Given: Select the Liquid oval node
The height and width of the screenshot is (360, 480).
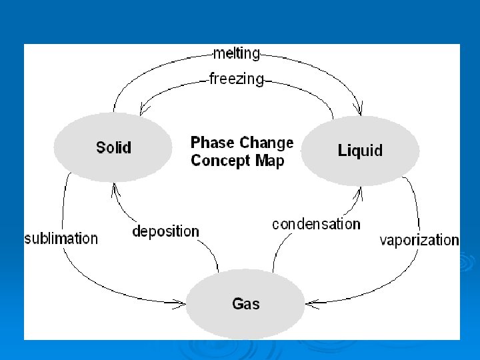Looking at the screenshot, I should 361,151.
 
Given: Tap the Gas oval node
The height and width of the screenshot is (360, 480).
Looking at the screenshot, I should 245,304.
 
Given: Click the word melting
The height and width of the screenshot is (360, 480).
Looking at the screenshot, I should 236,53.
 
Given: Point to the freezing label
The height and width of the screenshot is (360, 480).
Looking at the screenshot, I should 236,79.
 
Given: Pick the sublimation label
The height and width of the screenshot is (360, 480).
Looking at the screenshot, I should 61,238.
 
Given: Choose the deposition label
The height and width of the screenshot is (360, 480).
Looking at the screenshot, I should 165,231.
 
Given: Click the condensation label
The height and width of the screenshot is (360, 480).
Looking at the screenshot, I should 316,224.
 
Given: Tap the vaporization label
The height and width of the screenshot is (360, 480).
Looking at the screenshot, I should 419,240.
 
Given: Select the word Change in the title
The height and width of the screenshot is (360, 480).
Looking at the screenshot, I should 267,143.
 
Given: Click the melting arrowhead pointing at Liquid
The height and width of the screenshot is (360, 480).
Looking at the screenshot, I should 361,110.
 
